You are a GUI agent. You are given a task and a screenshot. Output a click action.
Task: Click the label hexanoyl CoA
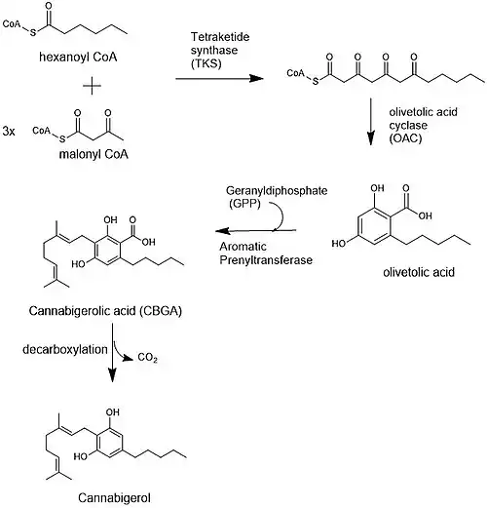click(x=78, y=58)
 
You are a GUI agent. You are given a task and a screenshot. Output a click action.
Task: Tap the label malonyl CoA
click(x=94, y=154)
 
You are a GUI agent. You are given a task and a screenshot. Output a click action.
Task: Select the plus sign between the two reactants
click(x=92, y=86)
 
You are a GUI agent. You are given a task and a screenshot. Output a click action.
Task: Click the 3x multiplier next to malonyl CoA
click(x=9, y=132)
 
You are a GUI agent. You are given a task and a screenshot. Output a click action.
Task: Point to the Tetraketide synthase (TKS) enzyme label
click(x=220, y=50)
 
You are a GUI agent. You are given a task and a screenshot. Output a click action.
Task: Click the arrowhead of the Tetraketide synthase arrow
click(x=256, y=78)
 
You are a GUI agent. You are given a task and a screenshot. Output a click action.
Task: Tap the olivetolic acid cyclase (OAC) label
click(x=423, y=125)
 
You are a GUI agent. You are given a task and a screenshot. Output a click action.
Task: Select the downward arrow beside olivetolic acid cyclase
click(x=370, y=121)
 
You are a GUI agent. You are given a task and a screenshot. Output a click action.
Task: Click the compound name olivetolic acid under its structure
click(x=419, y=272)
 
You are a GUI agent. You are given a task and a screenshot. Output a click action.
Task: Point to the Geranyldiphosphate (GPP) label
click(x=277, y=197)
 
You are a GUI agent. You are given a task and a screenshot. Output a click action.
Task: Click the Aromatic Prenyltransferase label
click(x=266, y=254)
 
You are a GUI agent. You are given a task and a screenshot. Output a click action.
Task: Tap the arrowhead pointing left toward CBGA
click(x=223, y=231)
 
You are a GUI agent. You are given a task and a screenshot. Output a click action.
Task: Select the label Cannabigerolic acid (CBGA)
click(x=105, y=311)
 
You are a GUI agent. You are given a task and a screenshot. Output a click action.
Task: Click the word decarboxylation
click(x=65, y=350)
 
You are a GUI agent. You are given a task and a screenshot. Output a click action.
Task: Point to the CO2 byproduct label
click(x=147, y=358)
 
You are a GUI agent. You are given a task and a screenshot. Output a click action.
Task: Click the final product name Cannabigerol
click(x=114, y=497)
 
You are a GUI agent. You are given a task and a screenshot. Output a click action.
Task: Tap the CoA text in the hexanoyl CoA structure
click(x=12, y=23)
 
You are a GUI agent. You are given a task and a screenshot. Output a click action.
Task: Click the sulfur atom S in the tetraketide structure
click(x=316, y=82)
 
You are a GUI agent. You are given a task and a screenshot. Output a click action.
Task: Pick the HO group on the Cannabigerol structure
click(x=80, y=456)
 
